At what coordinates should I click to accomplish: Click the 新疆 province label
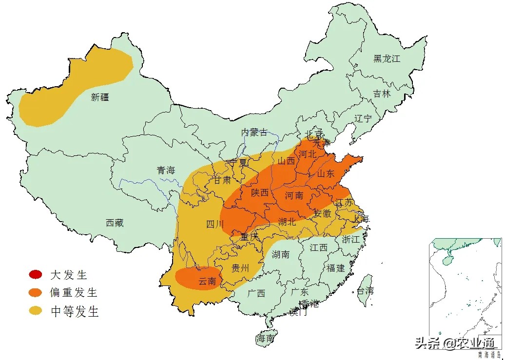coord(100,97)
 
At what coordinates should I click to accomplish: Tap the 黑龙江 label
coord(387,58)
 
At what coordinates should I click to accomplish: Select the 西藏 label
coord(115,223)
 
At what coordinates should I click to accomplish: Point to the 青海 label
coord(165,170)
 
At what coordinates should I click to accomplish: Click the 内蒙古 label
coord(254,132)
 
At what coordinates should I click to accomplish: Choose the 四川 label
coord(215,225)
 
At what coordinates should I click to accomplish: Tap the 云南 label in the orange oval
coord(206,281)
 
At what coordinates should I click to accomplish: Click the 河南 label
coord(294,195)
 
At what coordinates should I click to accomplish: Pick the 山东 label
coord(326,173)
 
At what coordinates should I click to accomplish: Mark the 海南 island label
coord(266,338)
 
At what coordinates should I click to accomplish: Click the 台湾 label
coord(366,291)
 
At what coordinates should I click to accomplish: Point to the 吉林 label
coord(382,94)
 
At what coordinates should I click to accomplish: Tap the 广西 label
coord(256,293)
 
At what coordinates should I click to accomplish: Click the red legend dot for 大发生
coord(36,275)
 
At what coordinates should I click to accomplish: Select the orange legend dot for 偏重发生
coord(36,293)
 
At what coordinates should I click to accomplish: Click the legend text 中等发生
coord(75,311)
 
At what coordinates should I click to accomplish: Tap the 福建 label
coord(335,268)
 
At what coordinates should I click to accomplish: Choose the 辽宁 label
coord(363,118)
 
